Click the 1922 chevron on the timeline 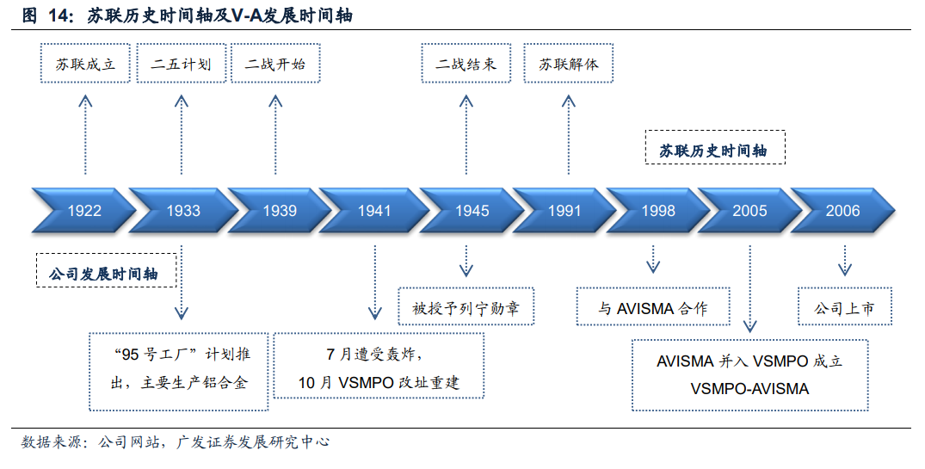[x=83, y=210]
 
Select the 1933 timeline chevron [x=183, y=210]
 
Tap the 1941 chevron [x=374, y=210]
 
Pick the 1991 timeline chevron [x=564, y=210]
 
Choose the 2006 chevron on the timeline [x=842, y=210]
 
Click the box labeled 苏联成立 [x=85, y=63]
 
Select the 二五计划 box [x=182, y=63]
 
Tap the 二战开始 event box [x=275, y=63]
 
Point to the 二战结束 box [x=466, y=63]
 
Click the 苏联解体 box [x=569, y=63]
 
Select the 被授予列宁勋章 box [x=466, y=306]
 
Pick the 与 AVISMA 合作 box [x=653, y=306]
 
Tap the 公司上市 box [x=845, y=306]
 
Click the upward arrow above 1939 [x=275, y=134]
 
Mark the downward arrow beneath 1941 [x=374, y=282]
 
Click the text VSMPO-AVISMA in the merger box [x=749, y=389]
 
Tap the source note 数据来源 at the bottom [x=52, y=441]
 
